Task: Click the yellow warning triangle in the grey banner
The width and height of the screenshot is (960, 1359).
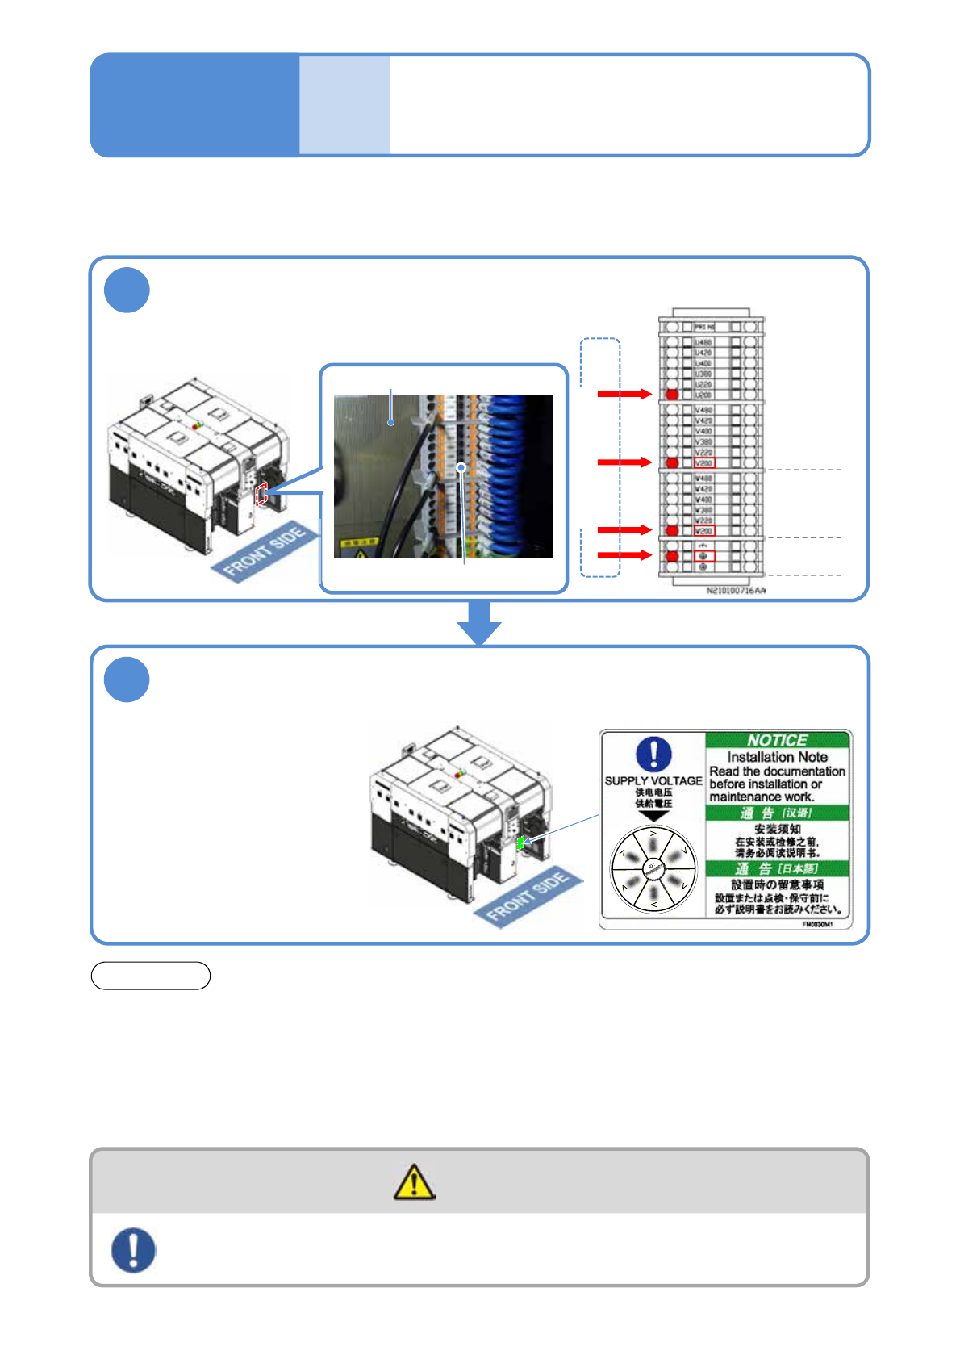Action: [x=414, y=1182]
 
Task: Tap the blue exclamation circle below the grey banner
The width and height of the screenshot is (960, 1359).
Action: [x=133, y=1250]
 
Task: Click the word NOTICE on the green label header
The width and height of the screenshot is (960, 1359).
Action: [x=777, y=740]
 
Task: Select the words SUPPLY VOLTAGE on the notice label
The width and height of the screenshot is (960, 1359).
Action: [x=653, y=780]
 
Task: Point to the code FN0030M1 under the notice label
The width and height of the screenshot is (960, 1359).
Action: [x=816, y=925]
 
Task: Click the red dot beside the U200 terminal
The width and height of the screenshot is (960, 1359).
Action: [x=672, y=395]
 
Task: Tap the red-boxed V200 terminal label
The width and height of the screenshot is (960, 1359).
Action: [x=704, y=463]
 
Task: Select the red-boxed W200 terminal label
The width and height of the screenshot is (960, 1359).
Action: [x=704, y=531]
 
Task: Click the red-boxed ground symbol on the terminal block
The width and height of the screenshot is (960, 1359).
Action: [x=704, y=556]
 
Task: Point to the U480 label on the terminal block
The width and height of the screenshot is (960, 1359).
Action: [x=703, y=342]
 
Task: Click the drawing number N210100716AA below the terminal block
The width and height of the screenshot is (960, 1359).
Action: [x=736, y=591]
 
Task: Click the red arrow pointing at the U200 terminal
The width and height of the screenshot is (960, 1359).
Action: [x=624, y=394]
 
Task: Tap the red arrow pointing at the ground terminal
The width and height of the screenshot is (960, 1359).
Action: [x=624, y=555]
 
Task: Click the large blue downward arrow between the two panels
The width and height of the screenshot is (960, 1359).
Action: [x=479, y=622]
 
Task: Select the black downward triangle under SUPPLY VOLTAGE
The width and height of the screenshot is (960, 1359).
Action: [x=653, y=815]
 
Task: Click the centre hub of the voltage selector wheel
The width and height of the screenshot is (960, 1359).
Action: [x=653, y=869]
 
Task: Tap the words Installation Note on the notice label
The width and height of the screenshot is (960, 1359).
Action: [x=777, y=757]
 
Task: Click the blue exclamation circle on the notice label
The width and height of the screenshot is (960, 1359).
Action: [x=653, y=754]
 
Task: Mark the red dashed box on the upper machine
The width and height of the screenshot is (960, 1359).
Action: [x=261, y=494]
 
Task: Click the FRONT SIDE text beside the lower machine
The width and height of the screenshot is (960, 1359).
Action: [x=528, y=896]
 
